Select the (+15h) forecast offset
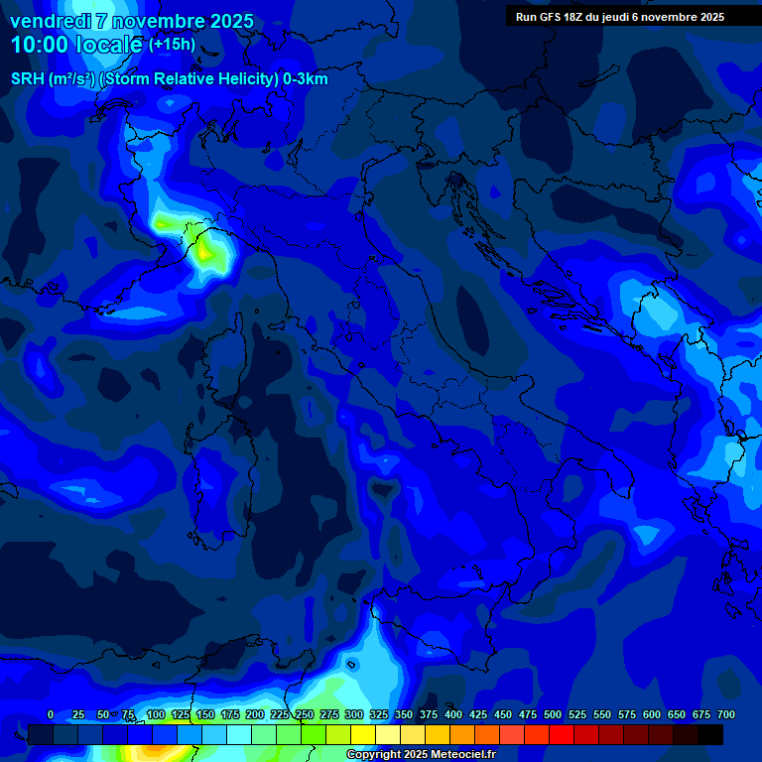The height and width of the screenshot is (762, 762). [172, 45]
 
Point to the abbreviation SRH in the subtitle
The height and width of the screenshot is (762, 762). [28, 79]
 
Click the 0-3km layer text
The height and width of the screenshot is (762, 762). [305, 79]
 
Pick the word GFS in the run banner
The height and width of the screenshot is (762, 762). [550, 17]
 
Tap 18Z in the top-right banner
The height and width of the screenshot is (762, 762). [575, 17]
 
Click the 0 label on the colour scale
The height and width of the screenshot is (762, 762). [51, 714]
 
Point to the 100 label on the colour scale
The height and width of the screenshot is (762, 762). [155, 714]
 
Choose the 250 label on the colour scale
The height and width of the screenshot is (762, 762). [304, 714]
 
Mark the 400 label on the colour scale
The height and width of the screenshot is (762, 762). [453, 714]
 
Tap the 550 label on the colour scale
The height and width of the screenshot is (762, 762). [602, 714]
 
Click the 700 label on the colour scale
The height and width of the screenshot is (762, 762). [726, 714]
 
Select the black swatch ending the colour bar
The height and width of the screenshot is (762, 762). [710, 734]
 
